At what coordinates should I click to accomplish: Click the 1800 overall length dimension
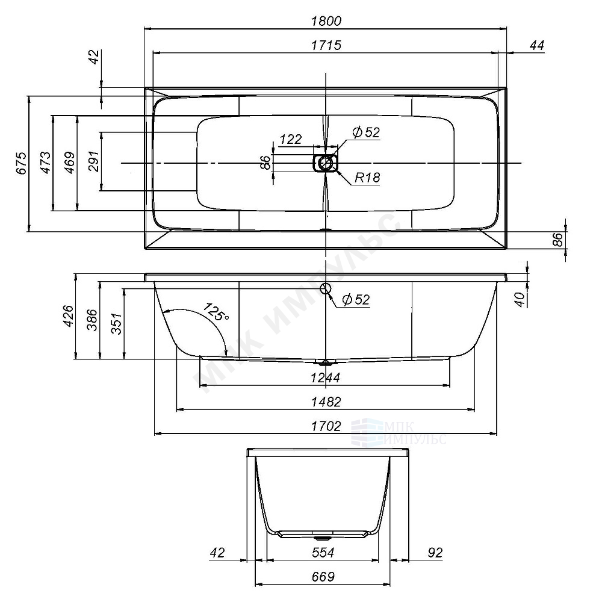[x=327, y=21]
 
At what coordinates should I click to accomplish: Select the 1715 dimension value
[x=327, y=46]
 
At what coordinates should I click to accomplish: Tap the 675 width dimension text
[x=22, y=163]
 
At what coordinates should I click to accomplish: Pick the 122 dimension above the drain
[x=291, y=140]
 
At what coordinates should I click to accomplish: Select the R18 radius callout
[x=367, y=178]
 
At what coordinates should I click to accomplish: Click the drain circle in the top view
[x=326, y=163]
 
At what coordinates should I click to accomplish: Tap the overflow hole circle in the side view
[x=326, y=288]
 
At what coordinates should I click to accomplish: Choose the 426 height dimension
[x=67, y=316]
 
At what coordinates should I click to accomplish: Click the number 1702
[x=326, y=426]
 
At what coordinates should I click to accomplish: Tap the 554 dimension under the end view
[x=323, y=553]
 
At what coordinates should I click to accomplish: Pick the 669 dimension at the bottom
[x=323, y=577]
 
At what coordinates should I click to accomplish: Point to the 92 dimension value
[x=434, y=553]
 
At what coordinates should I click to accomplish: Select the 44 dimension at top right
[x=536, y=46]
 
